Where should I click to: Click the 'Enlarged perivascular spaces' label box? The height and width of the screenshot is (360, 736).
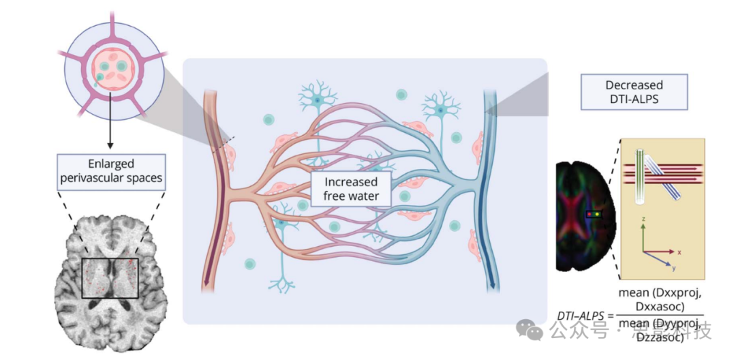pos(111,171)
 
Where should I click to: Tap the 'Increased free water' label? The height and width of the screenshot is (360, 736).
pos(351,190)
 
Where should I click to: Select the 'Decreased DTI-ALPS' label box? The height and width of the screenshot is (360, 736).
pos(634,93)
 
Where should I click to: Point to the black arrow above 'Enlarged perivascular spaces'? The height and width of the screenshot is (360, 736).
pos(109,136)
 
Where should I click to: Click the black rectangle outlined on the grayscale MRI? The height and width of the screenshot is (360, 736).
pos(110,277)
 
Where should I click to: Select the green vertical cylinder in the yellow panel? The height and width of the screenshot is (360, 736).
pos(640,176)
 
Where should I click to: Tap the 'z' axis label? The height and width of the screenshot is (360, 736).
pos(643,220)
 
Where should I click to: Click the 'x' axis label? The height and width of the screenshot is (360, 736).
pos(679,252)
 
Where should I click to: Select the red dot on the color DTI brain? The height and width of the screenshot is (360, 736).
pos(589,214)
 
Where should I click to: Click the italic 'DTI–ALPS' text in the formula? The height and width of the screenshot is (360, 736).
pos(579,316)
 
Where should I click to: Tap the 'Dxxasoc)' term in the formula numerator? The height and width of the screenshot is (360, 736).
pos(659,306)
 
